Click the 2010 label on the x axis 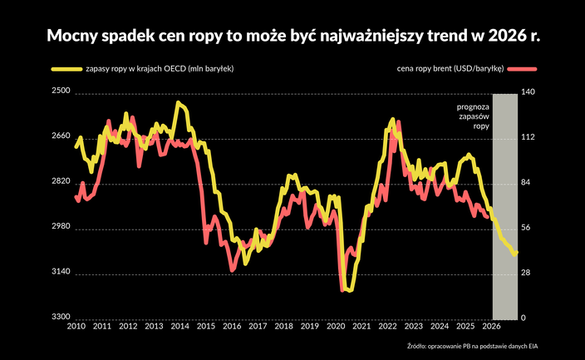76,327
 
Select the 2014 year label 179,327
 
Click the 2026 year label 491,327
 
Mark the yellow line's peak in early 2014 178,103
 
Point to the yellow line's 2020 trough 350,290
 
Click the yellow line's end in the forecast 516,253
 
